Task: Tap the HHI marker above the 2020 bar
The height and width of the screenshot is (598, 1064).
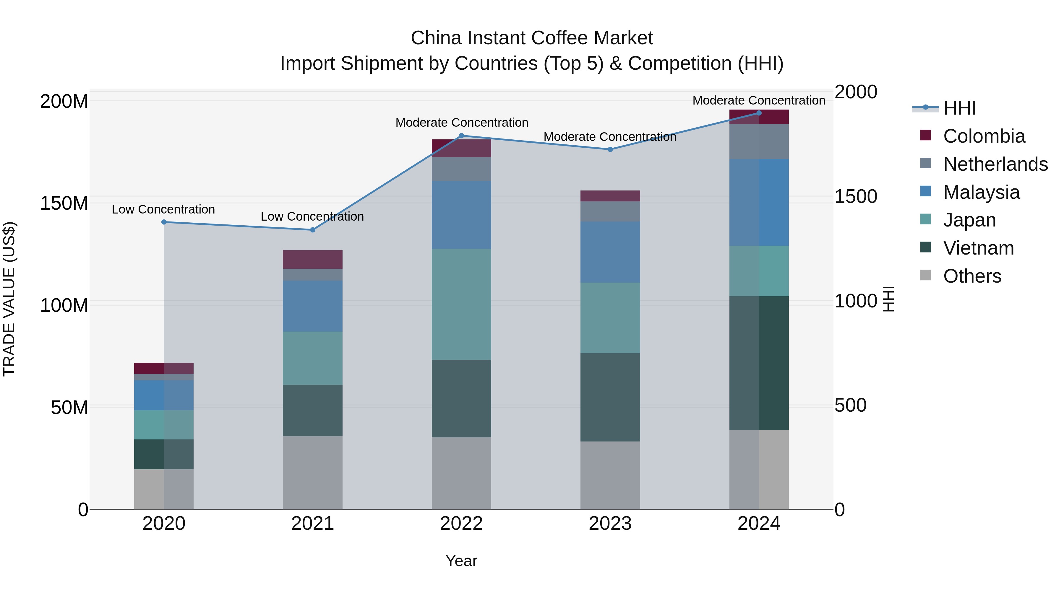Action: pyautogui.click(x=164, y=222)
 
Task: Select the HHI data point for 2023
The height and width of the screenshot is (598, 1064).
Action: pyautogui.click(x=610, y=149)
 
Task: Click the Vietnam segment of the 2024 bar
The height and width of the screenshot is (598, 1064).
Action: pyautogui.click(x=759, y=363)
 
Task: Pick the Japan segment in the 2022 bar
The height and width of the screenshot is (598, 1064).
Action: pyautogui.click(x=461, y=304)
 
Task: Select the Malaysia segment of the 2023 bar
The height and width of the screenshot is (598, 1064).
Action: pyautogui.click(x=610, y=252)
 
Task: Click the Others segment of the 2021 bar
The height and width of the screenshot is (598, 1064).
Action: pyautogui.click(x=313, y=472)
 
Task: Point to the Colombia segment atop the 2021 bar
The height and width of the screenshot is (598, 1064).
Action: pyautogui.click(x=313, y=260)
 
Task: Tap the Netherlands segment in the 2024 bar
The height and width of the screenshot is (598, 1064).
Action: pyautogui.click(x=759, y=141)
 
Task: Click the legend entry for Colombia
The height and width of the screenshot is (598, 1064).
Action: pyautogui.click(x=983, y=136)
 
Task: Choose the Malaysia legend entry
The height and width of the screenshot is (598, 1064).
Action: pyautogui.click(x=981, y=192)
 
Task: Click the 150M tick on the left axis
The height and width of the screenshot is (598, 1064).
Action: pyautogui.click(x=64, y=203)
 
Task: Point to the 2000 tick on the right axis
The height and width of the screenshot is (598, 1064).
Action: pyautogui.click(x=855, y=92)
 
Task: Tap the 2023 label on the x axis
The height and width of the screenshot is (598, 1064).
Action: pyautogui.click(x=610, y=524)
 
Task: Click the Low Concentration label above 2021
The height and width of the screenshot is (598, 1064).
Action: pyautogui.click(x=312, y=216)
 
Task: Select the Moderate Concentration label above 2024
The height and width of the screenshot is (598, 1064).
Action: pyautogui.click(x=759, y=100)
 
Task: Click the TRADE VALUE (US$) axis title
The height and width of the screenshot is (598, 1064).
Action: pyautogui.click(x=9, y=299)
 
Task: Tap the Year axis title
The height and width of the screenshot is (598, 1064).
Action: pyautogui.click(x=461, y=561)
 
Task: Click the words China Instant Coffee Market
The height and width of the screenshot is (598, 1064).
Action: pyautogui.click(x=532, y=38)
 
